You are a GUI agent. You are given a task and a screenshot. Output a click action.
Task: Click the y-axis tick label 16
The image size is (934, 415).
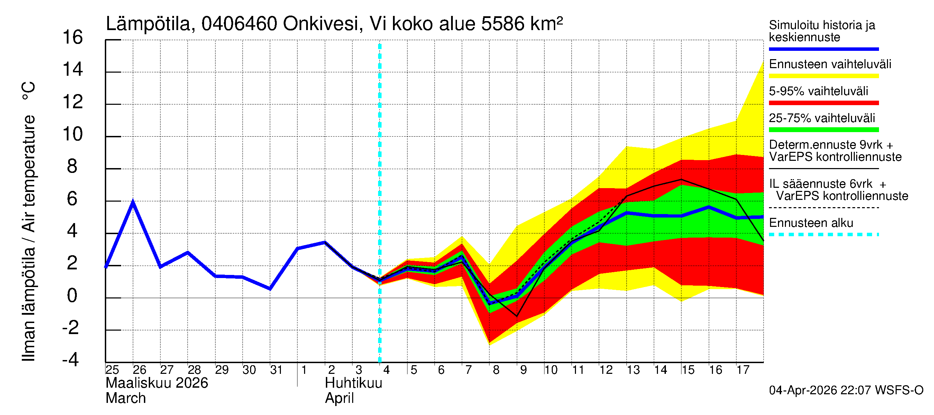point(73,37)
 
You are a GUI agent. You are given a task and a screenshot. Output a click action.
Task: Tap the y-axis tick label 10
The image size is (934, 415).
point(73,134)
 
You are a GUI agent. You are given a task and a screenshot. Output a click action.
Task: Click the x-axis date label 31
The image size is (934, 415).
point(276,370)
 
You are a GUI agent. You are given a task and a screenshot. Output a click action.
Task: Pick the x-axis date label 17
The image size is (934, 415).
point(743,370)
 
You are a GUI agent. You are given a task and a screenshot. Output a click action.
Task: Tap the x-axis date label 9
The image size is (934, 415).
point(523,370)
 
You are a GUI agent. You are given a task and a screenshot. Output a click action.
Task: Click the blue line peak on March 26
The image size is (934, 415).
point(133,202)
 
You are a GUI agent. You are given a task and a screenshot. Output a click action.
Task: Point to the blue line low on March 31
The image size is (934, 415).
point(270,289)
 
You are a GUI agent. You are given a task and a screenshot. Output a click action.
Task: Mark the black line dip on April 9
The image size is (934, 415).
point(517,316)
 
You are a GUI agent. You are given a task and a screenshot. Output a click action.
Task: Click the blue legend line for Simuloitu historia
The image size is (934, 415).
point(823,49)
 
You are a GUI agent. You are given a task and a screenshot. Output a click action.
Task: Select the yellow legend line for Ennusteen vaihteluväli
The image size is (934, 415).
point(823,76)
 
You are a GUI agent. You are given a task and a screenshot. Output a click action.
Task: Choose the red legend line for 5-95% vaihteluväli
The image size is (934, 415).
point(823,103)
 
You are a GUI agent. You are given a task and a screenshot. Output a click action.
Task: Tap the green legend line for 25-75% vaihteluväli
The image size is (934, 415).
point(823,130)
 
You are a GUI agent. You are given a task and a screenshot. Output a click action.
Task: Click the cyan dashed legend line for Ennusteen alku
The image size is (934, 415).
point(823,234)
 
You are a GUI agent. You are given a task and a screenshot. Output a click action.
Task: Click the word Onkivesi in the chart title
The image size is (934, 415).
point(321,24)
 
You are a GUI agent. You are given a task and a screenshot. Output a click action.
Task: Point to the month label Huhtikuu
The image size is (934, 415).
point(354,383)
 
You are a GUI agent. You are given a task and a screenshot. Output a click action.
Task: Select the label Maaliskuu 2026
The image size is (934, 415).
point(157,383)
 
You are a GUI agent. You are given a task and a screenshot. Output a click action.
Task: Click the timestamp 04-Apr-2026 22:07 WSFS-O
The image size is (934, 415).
point(846,390)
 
